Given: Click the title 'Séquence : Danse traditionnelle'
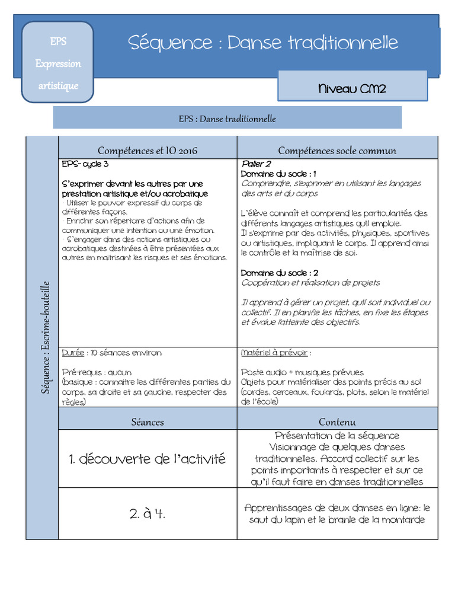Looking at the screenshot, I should pos(263,43).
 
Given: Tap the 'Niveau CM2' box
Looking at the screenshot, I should pos(352,89).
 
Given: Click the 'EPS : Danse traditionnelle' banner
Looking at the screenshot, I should pos(227,119).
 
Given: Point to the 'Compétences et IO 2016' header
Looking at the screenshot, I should pos(148,151).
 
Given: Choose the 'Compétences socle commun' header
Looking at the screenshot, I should pos(337,151).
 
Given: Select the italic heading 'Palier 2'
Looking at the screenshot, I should pos(256,164).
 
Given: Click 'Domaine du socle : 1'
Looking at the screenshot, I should pos(278,174).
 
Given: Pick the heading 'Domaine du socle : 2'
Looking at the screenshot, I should pos(280,273).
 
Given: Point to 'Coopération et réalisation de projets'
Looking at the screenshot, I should pos(310,283).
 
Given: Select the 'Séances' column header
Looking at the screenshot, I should pos(148,422).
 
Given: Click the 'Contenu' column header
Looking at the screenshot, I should pos(337,422).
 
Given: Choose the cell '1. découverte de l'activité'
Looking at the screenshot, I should pos(148,458).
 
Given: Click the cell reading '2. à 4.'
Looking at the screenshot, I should pos(148,513).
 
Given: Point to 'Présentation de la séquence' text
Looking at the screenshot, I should pos(337,436).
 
